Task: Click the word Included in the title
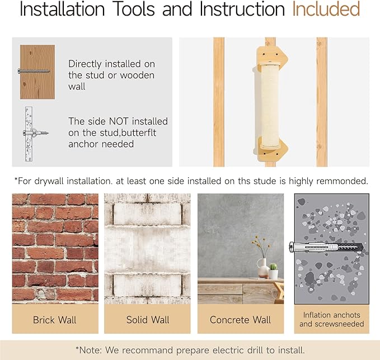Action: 326,9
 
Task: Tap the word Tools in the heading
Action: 134,9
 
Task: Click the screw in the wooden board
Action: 34,71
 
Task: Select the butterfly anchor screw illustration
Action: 36,133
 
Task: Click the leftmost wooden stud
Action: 219,102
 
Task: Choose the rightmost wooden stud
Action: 322,102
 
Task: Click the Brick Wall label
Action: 55,320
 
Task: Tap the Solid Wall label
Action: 148,320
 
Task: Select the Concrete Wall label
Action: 240,320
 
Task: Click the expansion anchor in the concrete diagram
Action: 326,248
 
